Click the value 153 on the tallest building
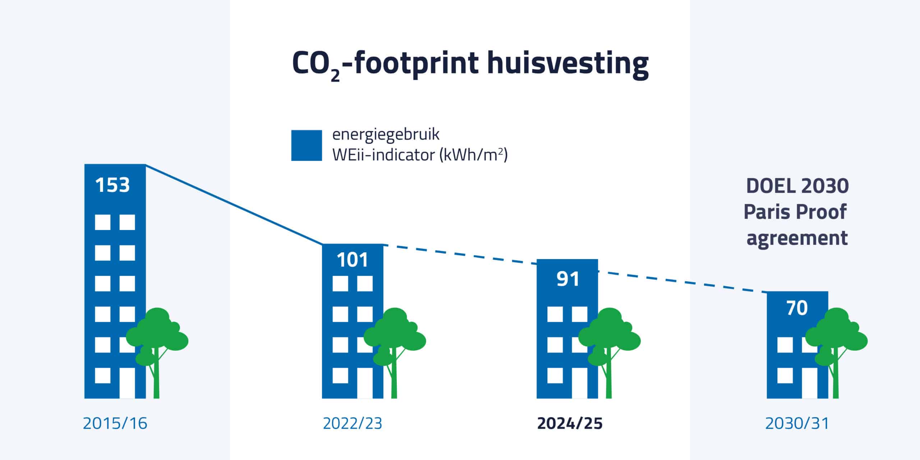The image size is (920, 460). [112, 185]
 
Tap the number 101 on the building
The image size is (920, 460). [353, 260]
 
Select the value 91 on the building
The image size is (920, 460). [568, 279]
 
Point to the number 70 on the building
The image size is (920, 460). [797, 308]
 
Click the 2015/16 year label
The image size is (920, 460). [115, 423]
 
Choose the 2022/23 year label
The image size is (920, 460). [353, 423]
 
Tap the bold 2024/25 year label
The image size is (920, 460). [570, 423]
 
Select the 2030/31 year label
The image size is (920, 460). [797, 423]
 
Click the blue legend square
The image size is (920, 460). [307, 146]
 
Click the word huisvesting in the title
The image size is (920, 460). [568, 63]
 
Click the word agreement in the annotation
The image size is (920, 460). [797, 238]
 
